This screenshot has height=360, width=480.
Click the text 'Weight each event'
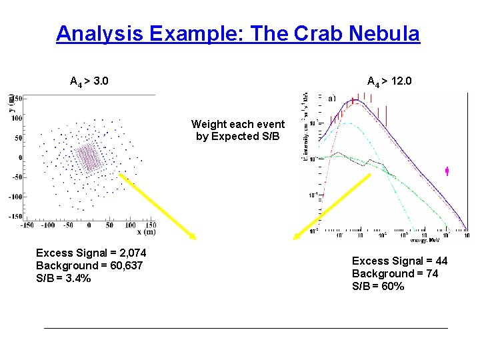[x=237, y=124]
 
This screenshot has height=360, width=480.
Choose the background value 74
[x=427, y=273]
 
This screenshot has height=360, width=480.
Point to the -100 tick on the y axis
[x=15, y=197]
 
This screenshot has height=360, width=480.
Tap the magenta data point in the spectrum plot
[x=447, y=171]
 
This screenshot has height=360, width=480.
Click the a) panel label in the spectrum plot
[x=331, y=99]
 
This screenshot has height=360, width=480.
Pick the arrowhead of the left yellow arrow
[x=193, y=237]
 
